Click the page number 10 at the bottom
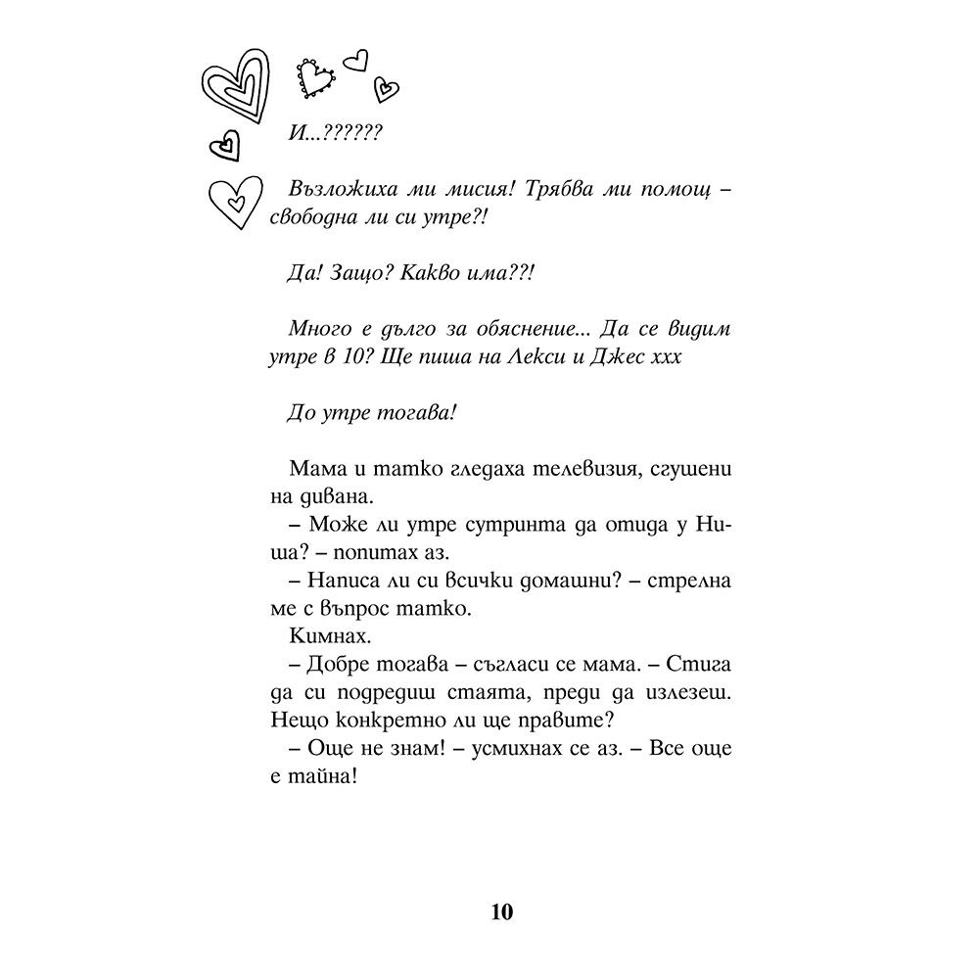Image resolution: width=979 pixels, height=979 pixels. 500,913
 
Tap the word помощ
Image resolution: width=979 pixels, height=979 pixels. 668,191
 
